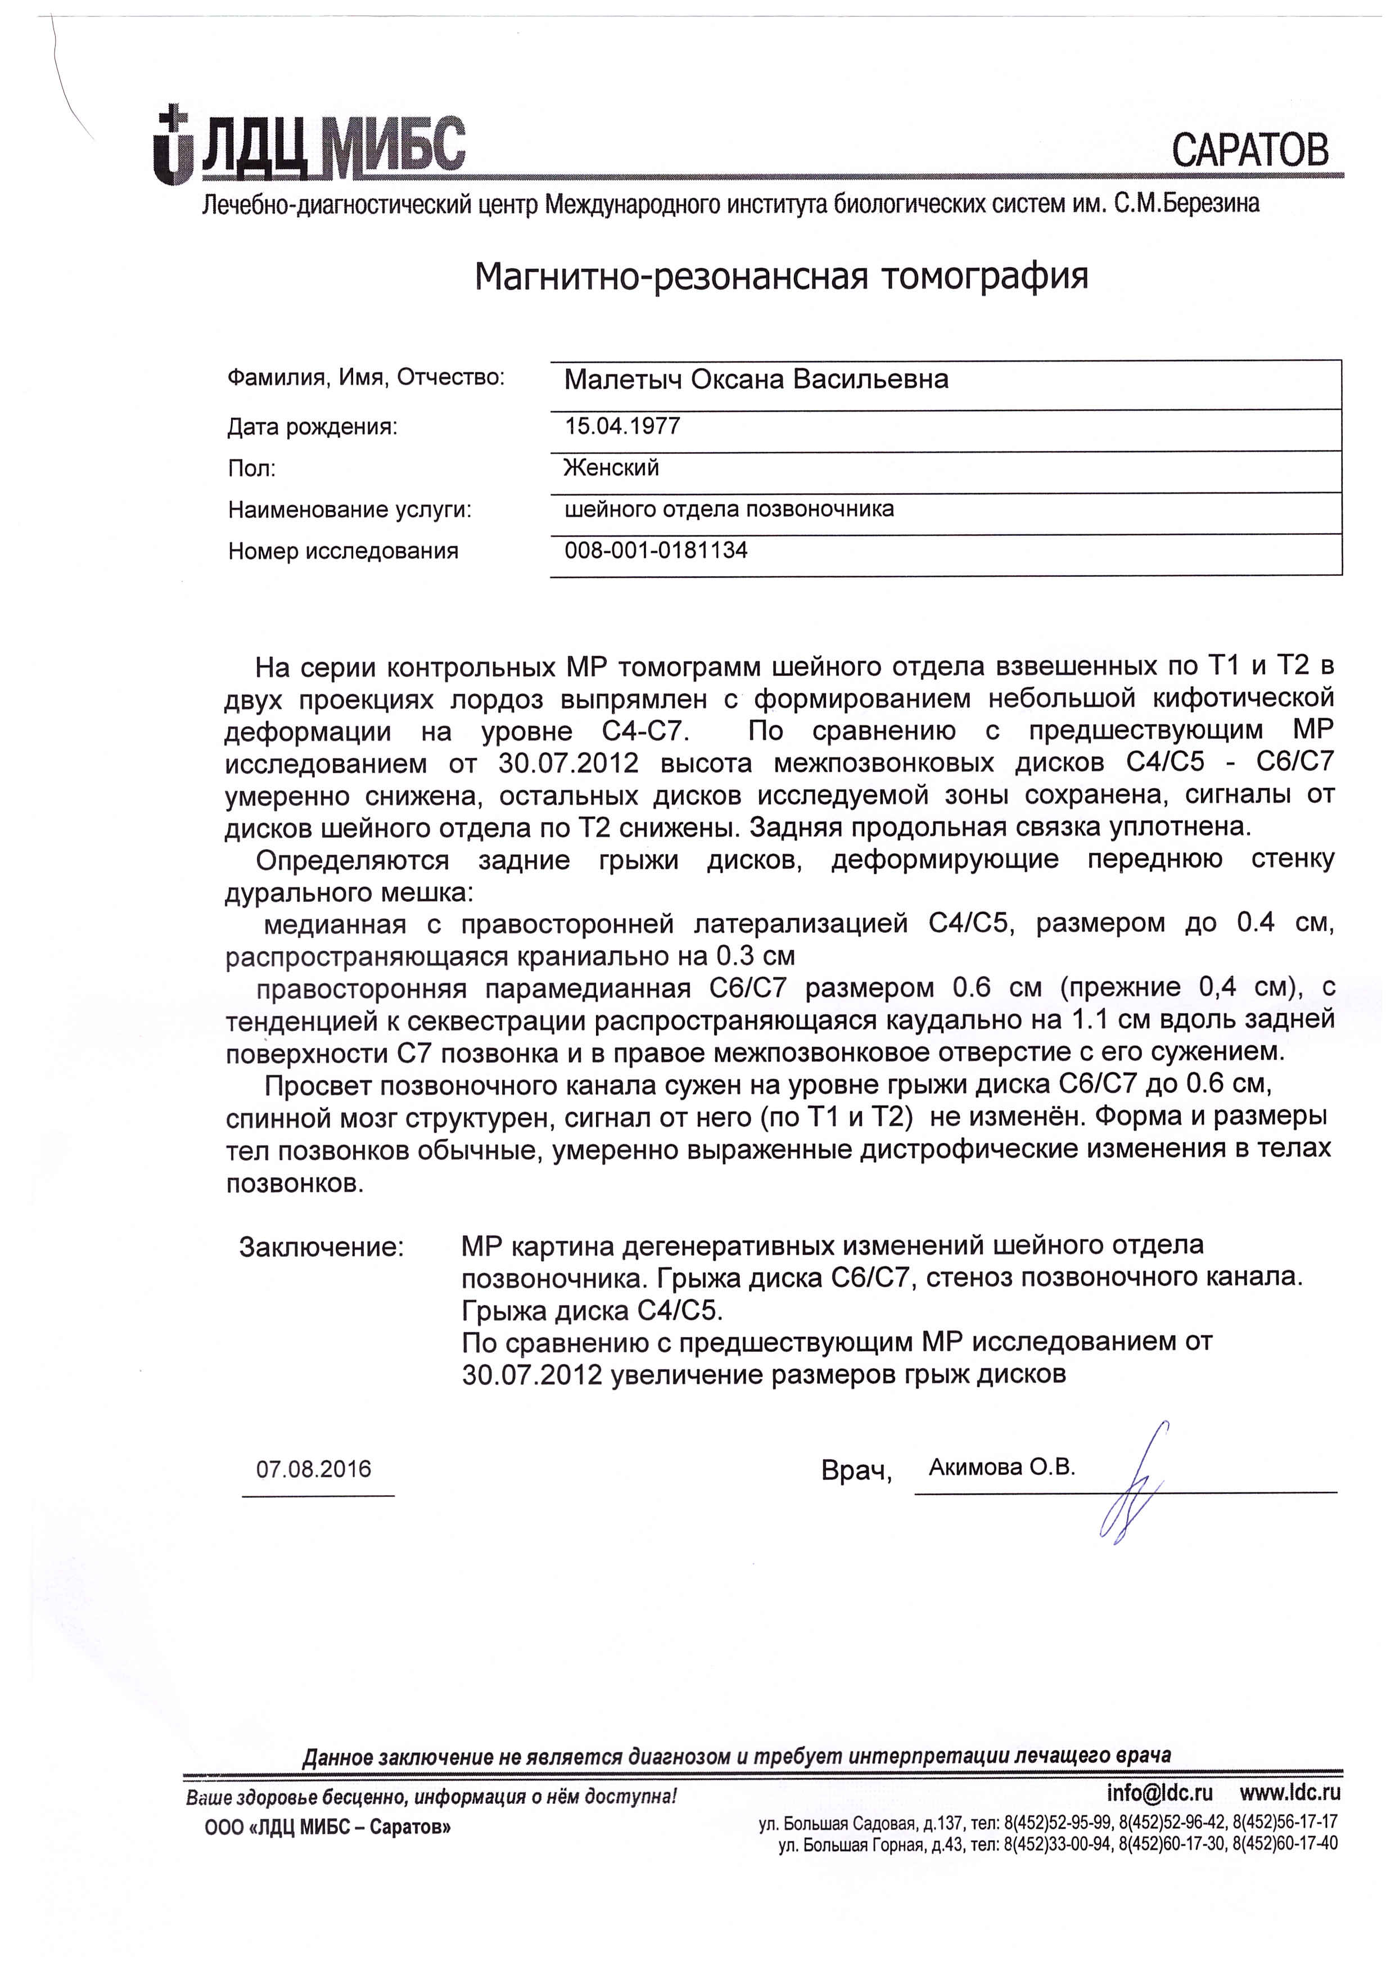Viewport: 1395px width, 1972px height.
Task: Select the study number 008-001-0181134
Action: (x=656, y=550)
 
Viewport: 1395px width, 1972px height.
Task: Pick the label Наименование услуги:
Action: (x=350, y=510)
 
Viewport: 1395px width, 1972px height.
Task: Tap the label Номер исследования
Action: (x=344, y=552)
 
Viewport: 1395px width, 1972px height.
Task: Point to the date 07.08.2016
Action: (x=314, y=1469)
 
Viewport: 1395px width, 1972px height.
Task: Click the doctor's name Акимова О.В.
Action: (x=1001, y=1468)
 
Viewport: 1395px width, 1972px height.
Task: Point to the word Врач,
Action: (x=856, y=1472)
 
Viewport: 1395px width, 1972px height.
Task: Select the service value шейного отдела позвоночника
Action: (x=729, y=509)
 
